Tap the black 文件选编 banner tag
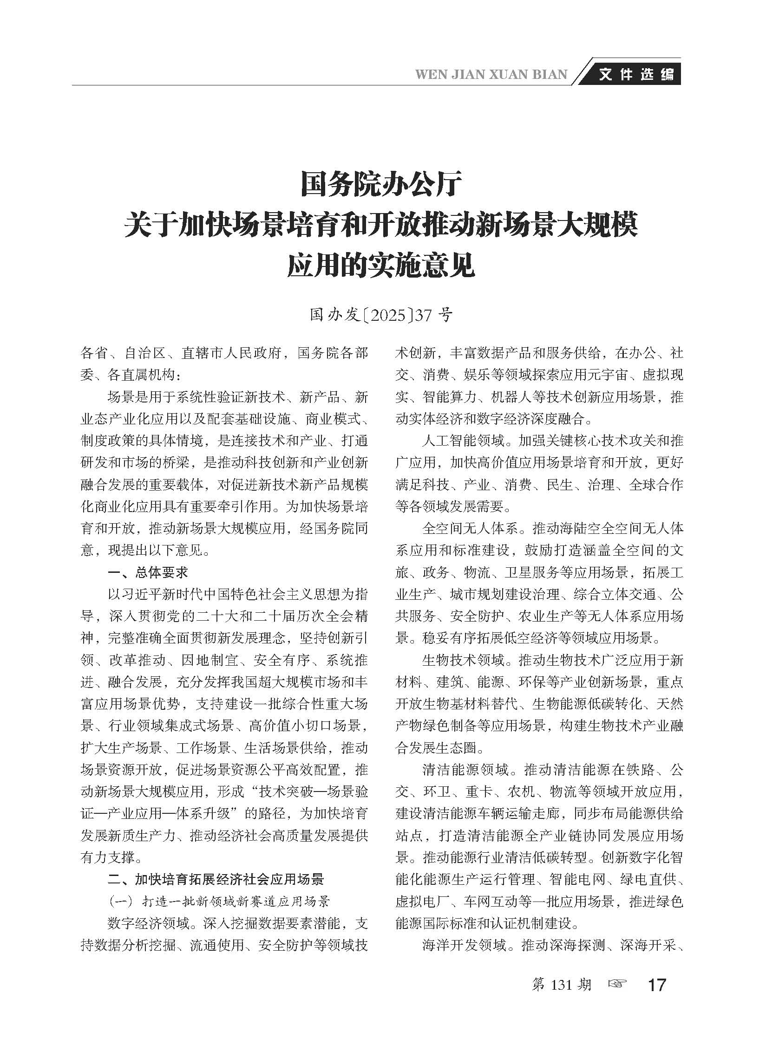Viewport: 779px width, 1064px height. (636, 74)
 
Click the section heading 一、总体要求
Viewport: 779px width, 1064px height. (148, 572)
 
